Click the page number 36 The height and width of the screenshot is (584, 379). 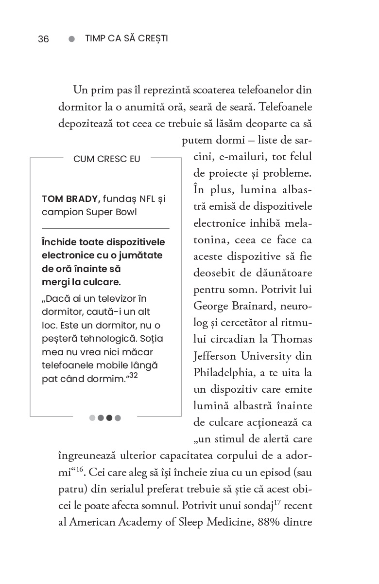coord(43,39)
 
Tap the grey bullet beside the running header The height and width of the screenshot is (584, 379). coord(72,39)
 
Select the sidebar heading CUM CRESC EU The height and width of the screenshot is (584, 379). coord(106,159)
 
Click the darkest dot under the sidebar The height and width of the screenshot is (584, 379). coord(109,418)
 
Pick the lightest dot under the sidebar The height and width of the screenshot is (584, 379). coord(92,418)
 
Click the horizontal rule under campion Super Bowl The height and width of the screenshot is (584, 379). coord(105,228)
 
